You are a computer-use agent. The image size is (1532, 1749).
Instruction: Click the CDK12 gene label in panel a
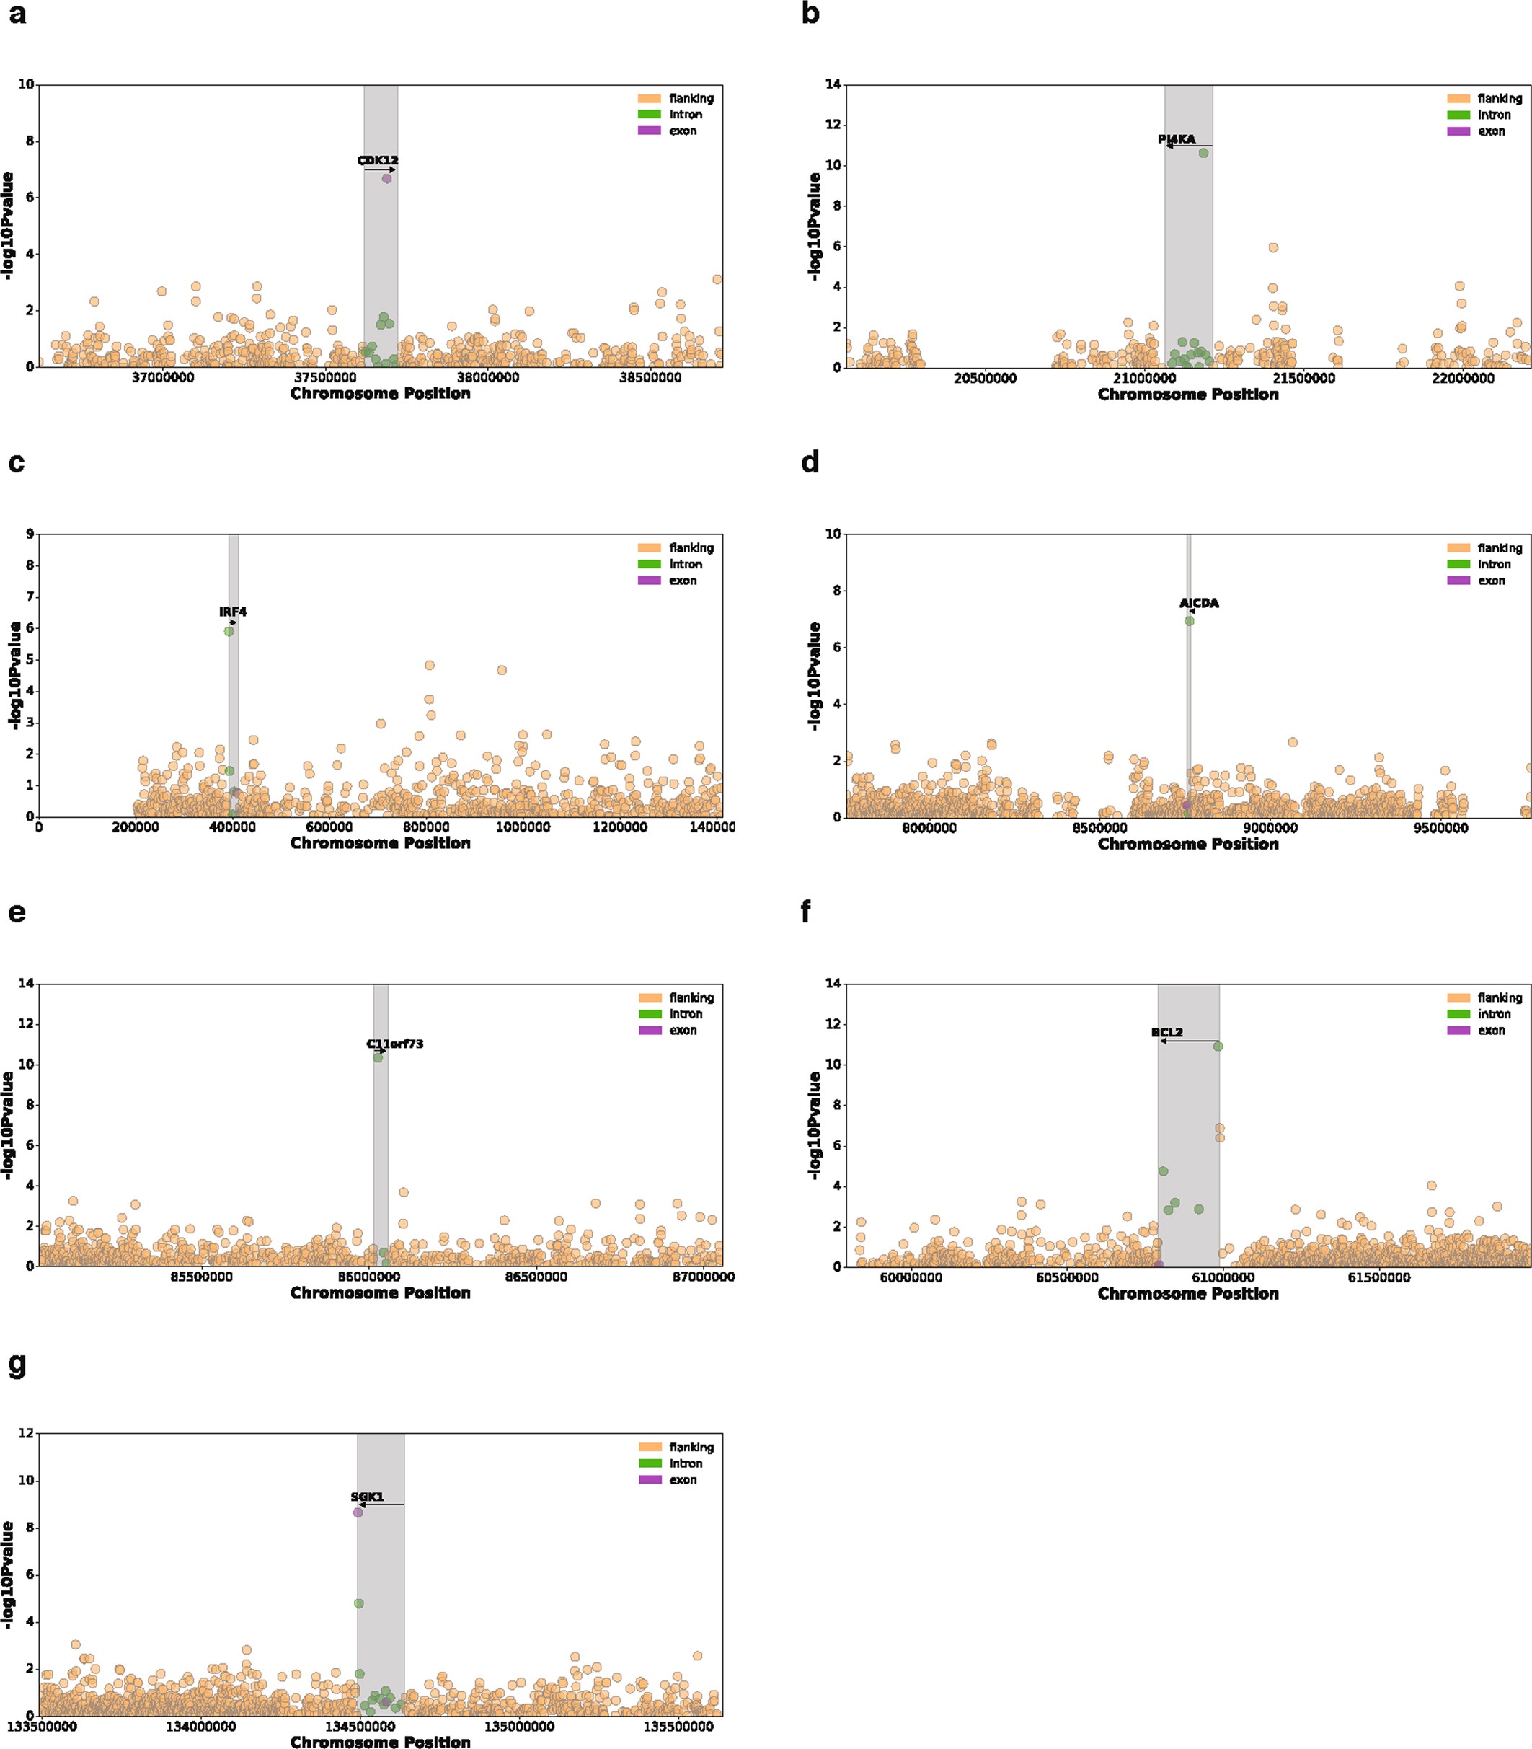pyautogui.click(x=378, y=160)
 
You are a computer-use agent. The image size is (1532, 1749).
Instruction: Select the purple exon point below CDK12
pyautogui.click(x=386, y=179)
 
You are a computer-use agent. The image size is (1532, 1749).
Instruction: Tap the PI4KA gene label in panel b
pyautogui.click(x=1177, y=138)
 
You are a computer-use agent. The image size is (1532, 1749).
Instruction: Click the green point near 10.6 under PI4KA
pyautogui.click(x=1204, y=153)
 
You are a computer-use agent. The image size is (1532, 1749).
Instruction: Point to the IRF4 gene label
pyautogui.click(x=233, y=612)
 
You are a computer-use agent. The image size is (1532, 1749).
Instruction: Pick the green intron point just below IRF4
pyautogui.click(x=229, y=631)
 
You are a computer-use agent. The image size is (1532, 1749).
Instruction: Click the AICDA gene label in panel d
pyautogui.click(x=1199, y=603)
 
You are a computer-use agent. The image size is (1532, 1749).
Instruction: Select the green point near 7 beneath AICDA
pyautogui.click(x=1189, y=621)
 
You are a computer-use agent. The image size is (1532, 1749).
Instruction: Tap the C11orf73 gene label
pyautogui.click(x=395, y=1044)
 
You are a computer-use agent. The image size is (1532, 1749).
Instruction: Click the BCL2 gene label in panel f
pyautogui.click(x=1167, y=1032)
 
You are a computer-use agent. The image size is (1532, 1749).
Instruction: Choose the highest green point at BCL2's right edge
pyautogui.click(x=1218, y=1046)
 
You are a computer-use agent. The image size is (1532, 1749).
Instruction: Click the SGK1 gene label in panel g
pyautogui.click(x=367, y=1497)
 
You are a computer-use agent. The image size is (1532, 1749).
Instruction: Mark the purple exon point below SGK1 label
pyautogui.click(x=358, y=1512)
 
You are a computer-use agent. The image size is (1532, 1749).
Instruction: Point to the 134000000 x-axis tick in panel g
pyautogui.click(x=201, y=1726)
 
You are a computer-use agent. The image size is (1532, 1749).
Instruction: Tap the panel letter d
pyautogui.click(x=810, y=463)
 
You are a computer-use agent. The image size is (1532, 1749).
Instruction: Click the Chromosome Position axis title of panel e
pyautogui.click(x=381, y=1292)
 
